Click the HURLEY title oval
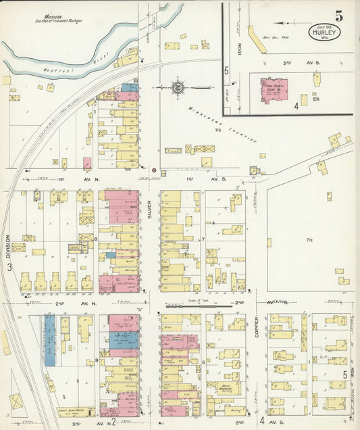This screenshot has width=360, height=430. point(326,32)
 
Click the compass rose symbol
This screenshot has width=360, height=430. point(178,87)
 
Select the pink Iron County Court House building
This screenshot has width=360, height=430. point(274,91)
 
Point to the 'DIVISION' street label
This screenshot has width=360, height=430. point(8,247)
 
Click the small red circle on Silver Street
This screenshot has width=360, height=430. point(153,169)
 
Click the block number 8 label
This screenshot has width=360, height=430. point(97,239)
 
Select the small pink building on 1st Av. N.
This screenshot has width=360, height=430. point(86,163)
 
